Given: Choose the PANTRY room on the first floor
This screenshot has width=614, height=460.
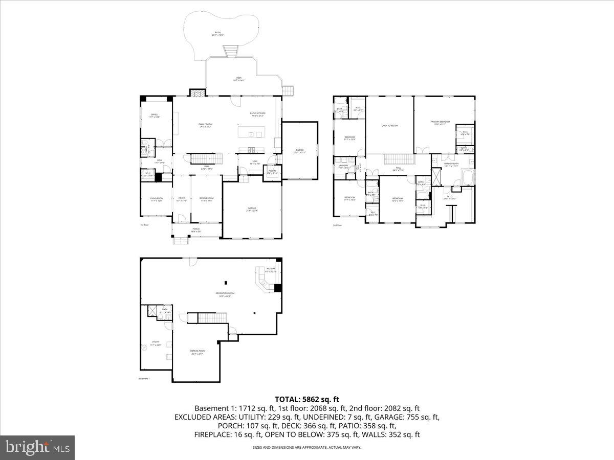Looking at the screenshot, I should point(272,172).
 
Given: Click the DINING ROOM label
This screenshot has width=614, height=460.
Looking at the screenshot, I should point(207,199).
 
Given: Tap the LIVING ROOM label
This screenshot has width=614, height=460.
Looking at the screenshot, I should point(157,199).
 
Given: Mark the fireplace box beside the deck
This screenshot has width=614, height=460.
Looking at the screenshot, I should point(197,93).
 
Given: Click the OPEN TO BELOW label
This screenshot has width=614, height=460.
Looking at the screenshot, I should point(389,125).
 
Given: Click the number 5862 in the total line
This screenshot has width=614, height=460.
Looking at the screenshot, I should point(310,399).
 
